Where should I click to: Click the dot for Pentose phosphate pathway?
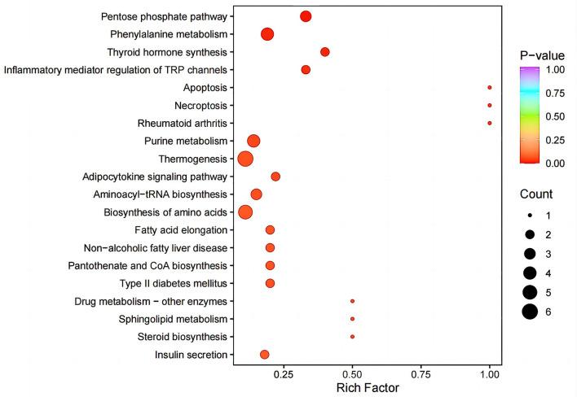[306, 16]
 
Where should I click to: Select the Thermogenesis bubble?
[245, 159]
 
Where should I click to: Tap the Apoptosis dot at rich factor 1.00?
[489, 87]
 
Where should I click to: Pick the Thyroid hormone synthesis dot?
[325, 52]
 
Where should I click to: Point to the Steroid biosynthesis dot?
[352, 336]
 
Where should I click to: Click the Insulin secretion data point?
[264, 354]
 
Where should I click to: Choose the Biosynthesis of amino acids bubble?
[245, 212]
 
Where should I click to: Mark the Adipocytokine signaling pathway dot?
[275, 177]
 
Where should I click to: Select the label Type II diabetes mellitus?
[176, 283]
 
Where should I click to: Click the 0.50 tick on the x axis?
[352, 374]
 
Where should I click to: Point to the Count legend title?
[537, 195]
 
